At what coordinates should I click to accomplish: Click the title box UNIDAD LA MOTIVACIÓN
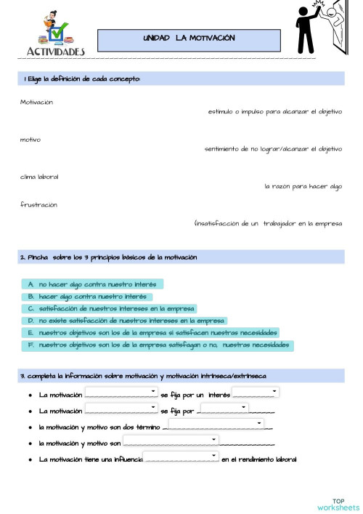click(189, 39)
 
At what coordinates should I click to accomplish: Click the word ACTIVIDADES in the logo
click(56, 52)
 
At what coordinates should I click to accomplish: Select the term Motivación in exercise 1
click(36, 102)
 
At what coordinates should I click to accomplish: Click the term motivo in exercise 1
click(30, 139)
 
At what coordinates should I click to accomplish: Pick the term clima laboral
click(39, 177)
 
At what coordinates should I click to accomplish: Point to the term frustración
click(38, 204)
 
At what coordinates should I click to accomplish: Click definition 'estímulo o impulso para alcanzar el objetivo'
click(274, 112)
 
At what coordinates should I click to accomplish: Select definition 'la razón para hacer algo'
click(303, 186)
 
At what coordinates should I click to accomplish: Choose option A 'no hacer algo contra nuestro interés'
click(92, 284)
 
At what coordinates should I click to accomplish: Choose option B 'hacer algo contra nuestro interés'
click(86, 297)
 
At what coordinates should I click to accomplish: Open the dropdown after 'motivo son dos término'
click(216, 422)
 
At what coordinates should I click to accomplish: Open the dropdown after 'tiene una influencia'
click(181, 457)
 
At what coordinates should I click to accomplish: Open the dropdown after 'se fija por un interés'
click(256, 392)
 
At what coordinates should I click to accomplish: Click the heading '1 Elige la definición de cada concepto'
click(82, 79)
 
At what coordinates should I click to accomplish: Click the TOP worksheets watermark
click(338, 504)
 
